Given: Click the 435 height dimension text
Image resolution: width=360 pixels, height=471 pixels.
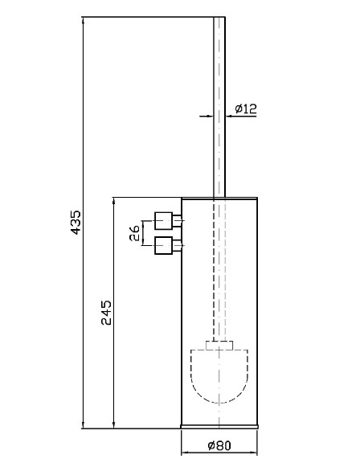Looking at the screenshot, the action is click(x=76, y=223).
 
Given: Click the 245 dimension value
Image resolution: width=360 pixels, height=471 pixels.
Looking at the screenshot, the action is click(x=106, y=313).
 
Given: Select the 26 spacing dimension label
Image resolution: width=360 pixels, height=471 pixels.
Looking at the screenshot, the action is click(x=134, y=233).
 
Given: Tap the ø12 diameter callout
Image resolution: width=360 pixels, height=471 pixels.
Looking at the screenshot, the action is click(x=246, y=109).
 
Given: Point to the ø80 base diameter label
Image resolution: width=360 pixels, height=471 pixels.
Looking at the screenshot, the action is click(x=219, y=445).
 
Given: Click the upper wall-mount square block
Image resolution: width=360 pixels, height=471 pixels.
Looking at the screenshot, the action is click(x=164, y=221).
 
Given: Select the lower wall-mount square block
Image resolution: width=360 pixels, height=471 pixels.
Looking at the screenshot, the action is click(x=164, y=245).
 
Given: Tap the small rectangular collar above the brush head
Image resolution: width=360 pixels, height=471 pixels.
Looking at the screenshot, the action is click(x=219, y=345).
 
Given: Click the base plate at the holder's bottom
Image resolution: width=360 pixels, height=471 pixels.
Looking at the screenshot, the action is click(x=219, y=426).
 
